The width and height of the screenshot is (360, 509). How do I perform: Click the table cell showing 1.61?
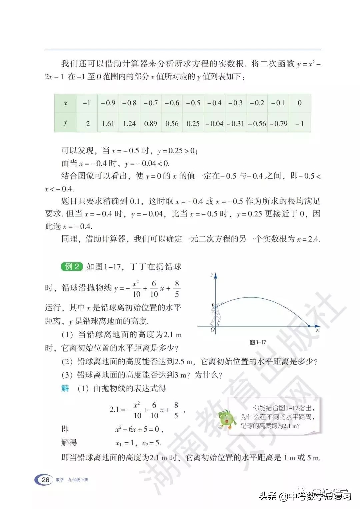point(108,124)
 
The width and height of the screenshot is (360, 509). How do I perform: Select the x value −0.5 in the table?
point(193,103)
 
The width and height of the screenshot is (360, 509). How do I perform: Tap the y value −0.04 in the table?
point(214,124)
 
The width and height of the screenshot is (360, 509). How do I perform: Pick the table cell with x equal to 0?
point(299,103)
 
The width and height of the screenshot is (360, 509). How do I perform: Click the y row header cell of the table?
point(65,123)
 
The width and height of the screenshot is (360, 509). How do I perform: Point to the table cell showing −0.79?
point(278,124)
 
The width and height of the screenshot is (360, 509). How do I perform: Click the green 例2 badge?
point(72,266)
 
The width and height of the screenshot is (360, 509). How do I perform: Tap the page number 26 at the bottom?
point(45,480)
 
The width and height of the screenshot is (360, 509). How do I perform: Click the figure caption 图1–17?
point(258,342)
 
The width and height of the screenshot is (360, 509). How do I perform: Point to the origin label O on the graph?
point(212,330)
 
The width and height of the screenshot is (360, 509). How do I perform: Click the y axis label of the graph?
point(212,274)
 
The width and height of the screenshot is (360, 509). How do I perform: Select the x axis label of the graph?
point(318,330)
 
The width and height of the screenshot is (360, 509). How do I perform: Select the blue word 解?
point(65,388)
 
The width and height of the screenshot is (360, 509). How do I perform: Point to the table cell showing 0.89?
point(150,124)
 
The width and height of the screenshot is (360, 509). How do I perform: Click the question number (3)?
point(67,375)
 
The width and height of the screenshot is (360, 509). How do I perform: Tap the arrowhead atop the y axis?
point(215,275)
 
